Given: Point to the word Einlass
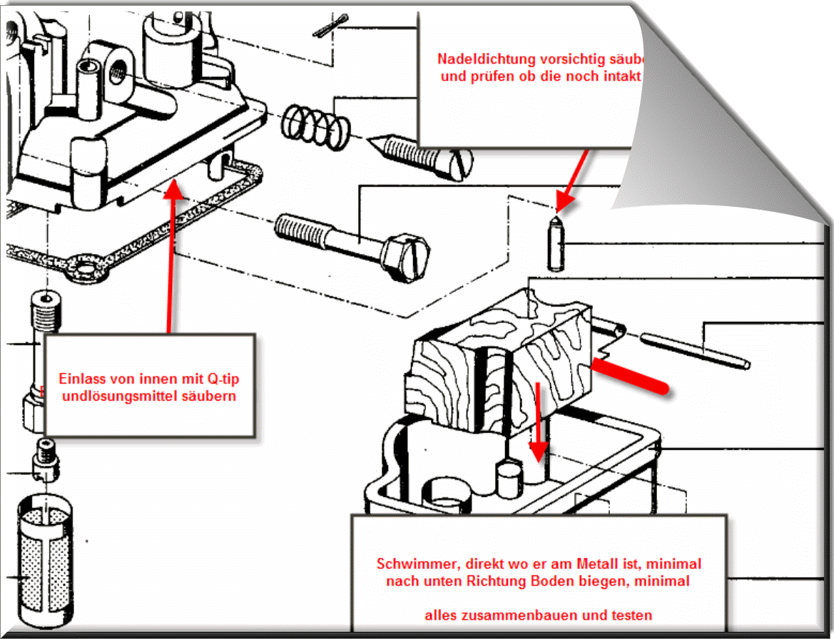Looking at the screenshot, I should point(80,378).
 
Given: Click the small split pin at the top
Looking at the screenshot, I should point(329,29).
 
